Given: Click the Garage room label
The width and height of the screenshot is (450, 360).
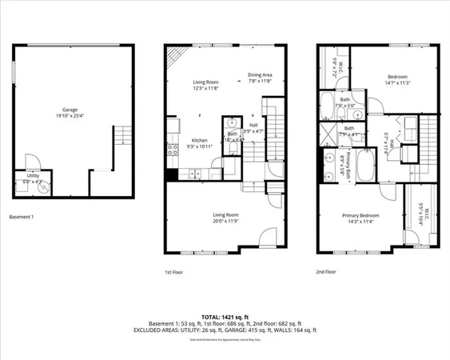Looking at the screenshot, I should [x=71, y=111].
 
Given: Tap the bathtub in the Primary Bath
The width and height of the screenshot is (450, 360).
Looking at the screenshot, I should [x=365, y=166].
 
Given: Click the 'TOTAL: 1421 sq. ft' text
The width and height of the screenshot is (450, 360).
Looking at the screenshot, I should [x=225, y=318].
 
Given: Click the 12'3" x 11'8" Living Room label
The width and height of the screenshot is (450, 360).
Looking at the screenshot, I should [x=205, y=84].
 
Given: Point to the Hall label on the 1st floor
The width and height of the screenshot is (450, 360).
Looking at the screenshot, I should [x=253, y=129].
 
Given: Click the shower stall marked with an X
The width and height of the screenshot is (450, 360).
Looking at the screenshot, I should [x=329, y=133].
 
